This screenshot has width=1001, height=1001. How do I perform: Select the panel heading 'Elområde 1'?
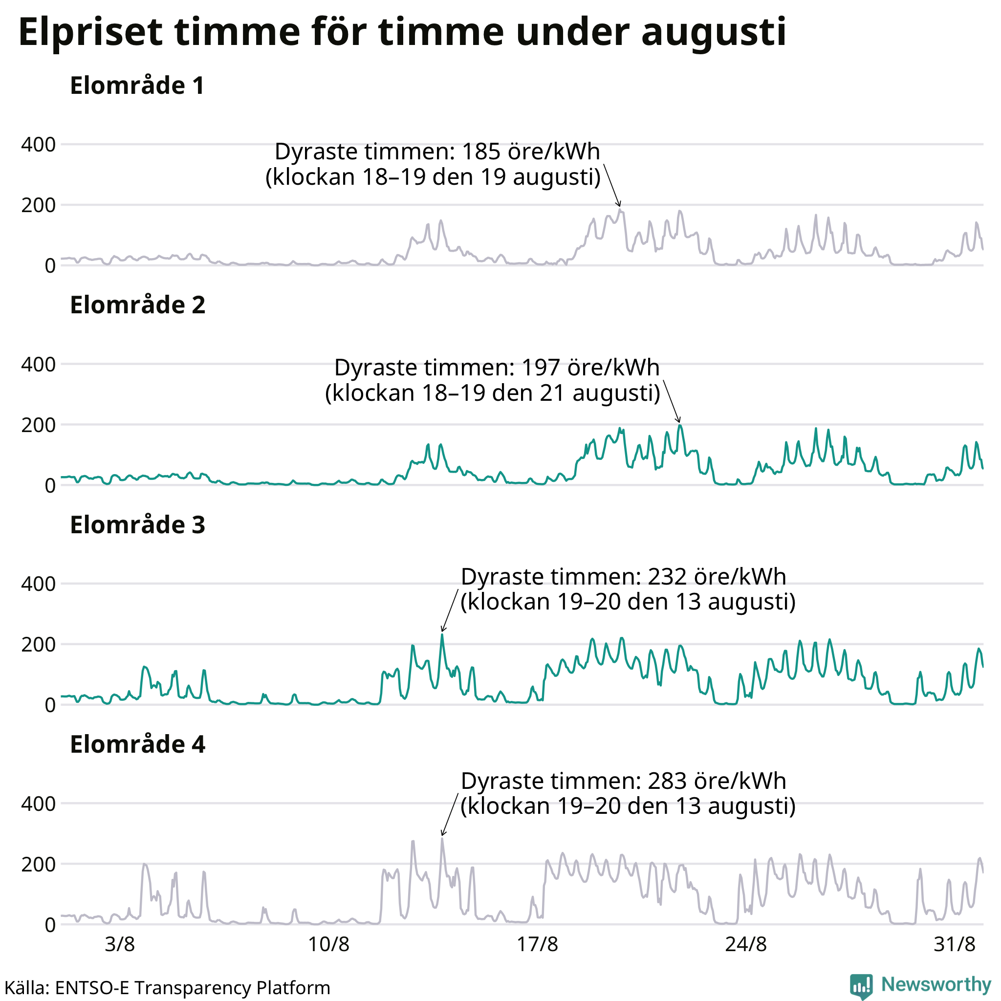pyautogui.click(x=137, y=86)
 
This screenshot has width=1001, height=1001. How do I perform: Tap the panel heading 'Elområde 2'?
pyautogui.click(x=138, y=305)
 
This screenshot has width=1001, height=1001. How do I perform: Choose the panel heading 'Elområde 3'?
pyautogui.click(x=138, y=525)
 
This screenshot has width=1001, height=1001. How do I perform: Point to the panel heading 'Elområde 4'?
pyautogui.click(x=138, y=744)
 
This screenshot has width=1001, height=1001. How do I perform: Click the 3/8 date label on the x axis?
pyautogui.click(x=120, y=944)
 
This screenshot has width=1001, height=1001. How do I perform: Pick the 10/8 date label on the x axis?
pyautogui.click(x=329, y=944)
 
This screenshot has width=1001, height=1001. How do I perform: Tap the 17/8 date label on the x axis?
pyautogui.click(x=538, y=944)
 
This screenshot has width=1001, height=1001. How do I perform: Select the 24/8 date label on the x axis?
pyautogui.click(x=746, y=944)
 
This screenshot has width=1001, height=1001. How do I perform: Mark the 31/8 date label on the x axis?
pyautogui.click(x=955, y=944)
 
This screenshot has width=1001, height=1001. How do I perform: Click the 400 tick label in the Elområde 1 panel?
pyautogui.click(x=38, y=145)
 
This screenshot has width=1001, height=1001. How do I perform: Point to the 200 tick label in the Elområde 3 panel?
pyautogui.click(x=38, y=645)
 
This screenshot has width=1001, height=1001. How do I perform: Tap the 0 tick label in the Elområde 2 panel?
pyautogui.click(x=50, y=486)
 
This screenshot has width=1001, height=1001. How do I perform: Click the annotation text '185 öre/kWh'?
pyautogui.click(x=530, y=152)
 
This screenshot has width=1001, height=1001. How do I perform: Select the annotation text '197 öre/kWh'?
pyautogui.click(x=590, y=368)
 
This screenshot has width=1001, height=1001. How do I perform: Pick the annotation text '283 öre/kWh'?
pyautogui.click(x=717, y=782)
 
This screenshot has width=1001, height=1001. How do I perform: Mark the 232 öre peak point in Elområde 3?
pyautogui.click(x=442, y=634)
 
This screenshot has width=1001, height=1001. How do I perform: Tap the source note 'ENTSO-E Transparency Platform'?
pyautogui.click(x=193, y=988)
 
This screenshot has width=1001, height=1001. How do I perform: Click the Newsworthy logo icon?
pyautogui.click(x=862, y=986)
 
